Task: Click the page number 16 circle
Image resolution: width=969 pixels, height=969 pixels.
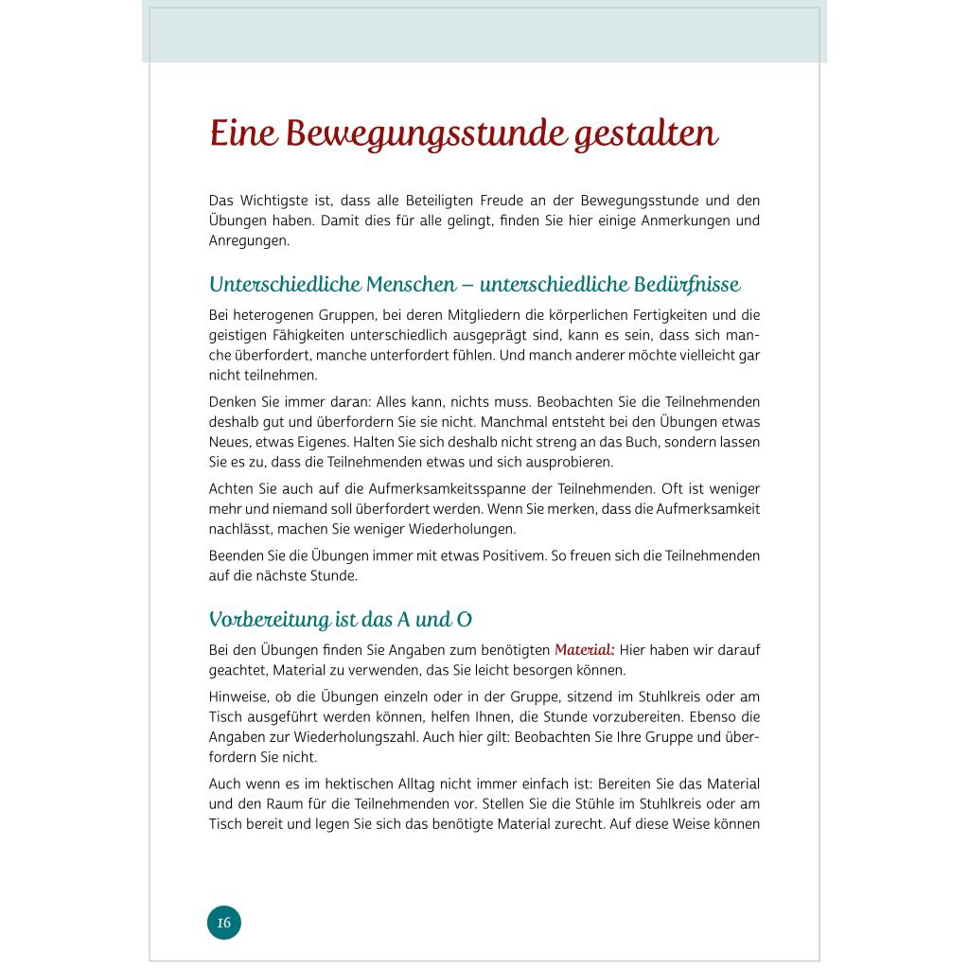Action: [x=224, y=922]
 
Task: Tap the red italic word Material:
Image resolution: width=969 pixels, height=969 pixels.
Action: [x=584, y=650]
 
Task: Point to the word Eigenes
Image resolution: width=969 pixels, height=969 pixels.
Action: [x=315, y=442]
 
